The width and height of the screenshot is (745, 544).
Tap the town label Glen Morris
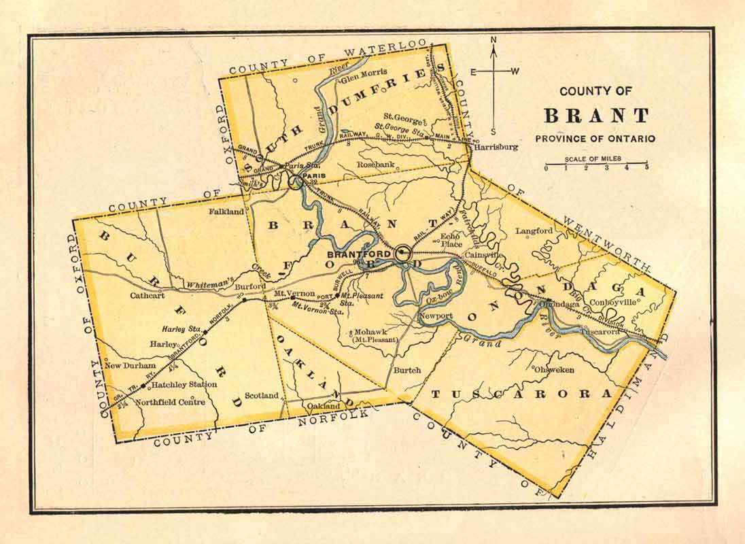coord(364,73)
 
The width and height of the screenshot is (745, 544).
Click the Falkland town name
coord(227,211)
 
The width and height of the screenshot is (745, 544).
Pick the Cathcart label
coord(148,296)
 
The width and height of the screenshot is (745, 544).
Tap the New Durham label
coord(130,365)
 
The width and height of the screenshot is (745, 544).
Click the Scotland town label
coord(262,395)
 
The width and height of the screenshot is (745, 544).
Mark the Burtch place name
coord(407,370)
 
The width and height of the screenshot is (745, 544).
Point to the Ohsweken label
coord(554,370)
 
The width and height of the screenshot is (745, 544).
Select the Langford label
coord(534,231)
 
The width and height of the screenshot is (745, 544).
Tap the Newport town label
coord(436,316)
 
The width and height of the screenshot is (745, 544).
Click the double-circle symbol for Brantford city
coord(402,254)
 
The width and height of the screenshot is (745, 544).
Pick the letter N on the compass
coord(494,39)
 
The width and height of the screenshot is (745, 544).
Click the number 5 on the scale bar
coord(646,167)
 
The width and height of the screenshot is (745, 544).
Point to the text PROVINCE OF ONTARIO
coord(595,138)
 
